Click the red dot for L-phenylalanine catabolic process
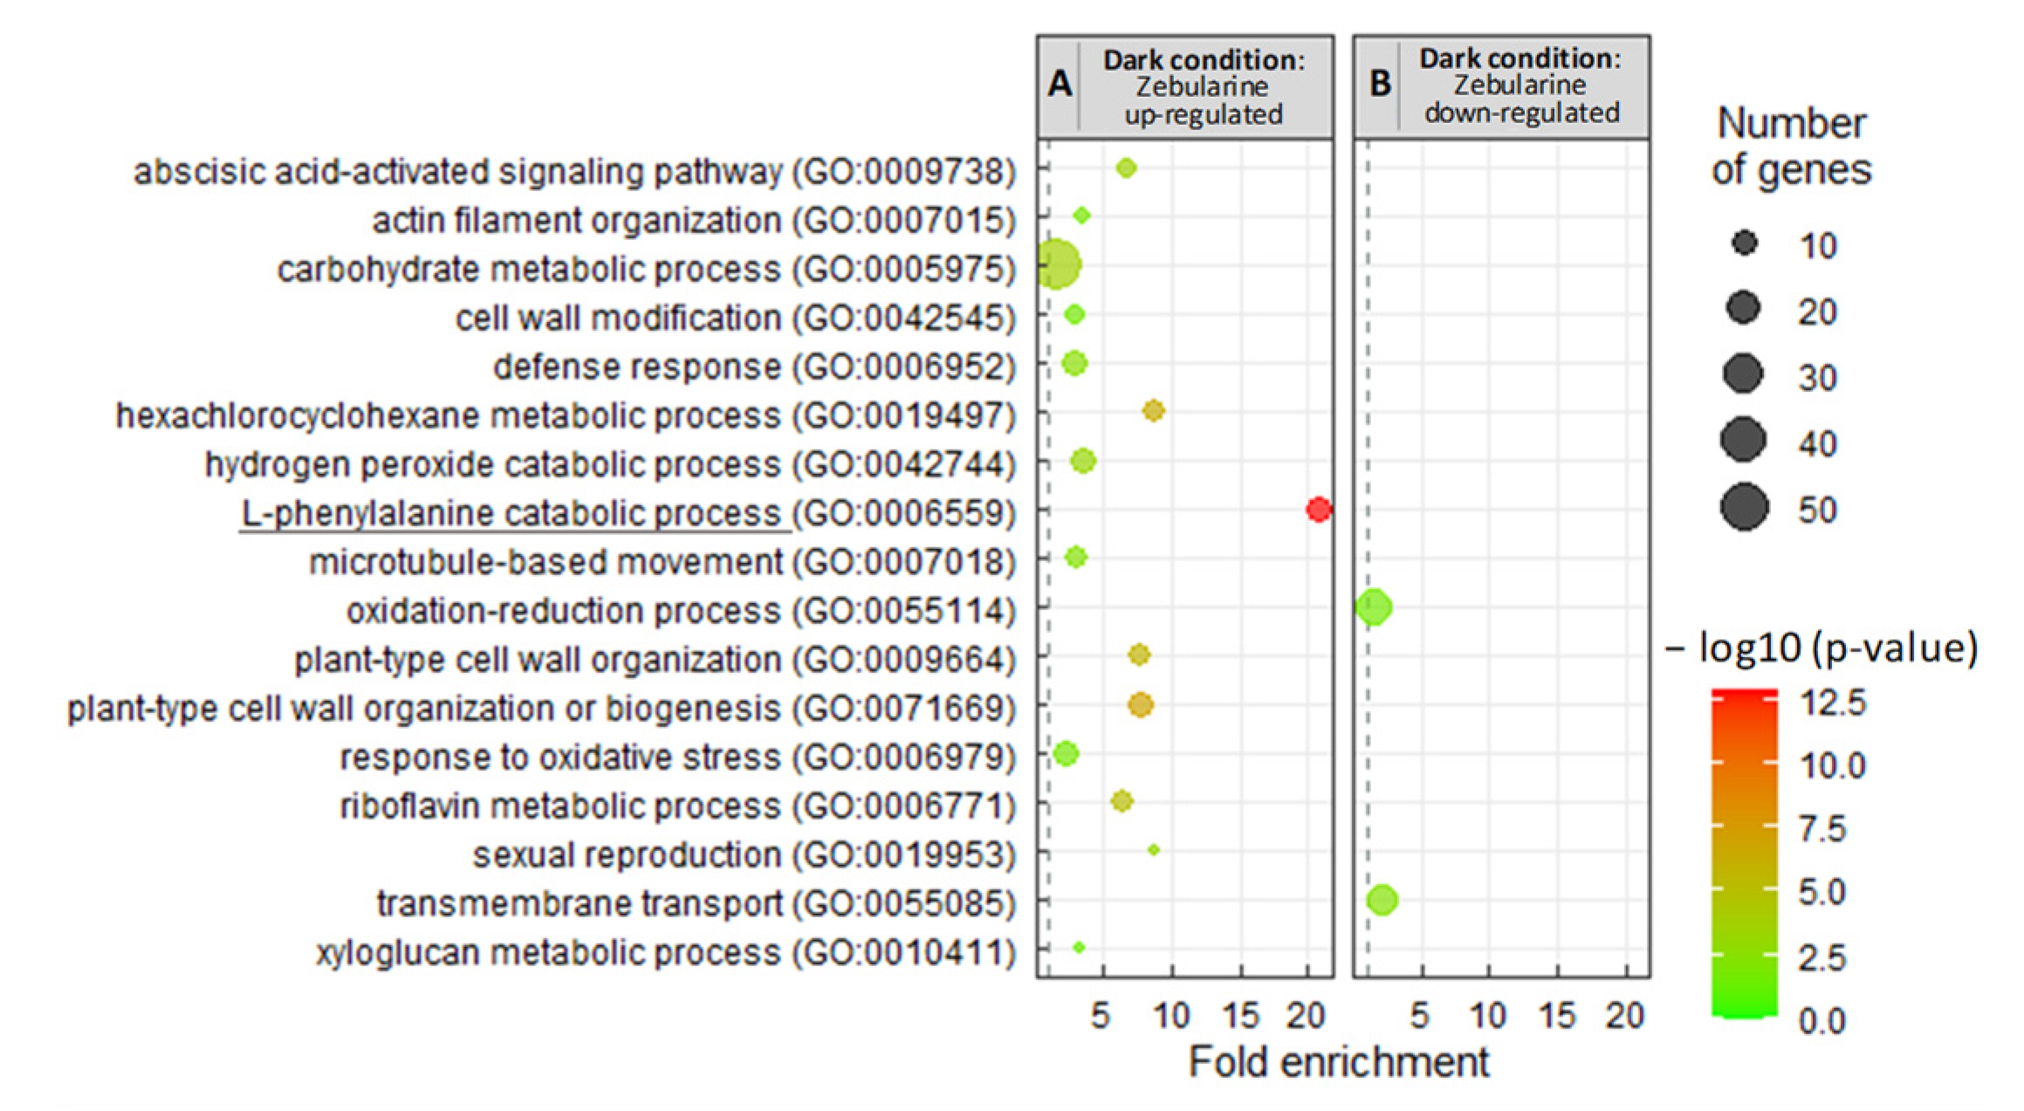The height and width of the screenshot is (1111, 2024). [x=1318, y=509]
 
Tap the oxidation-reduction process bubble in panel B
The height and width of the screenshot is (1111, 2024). [x=1374, y=607]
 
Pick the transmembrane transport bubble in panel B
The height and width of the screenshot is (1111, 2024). [x=1382, y=899]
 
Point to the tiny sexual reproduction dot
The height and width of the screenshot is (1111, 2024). [x=1154, y=849]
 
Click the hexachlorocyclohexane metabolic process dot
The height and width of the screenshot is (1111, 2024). [x=1153, y=410]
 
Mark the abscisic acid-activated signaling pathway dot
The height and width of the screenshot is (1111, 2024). [x=1126, y=168]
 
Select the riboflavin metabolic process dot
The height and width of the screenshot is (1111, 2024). [x=1122, y=800]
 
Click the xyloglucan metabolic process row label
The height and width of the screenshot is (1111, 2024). [x=665, y=952]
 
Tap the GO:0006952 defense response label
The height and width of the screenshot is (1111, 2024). [x=754, y=367]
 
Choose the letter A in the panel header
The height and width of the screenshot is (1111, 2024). [x=1060, y=85]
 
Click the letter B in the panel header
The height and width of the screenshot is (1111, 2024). [x=1380, y=84]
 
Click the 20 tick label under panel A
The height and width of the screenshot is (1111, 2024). [x=1306, y=1016]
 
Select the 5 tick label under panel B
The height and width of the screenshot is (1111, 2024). [x=1420, y=1016]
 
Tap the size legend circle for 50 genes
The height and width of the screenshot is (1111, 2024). [x=1744, y=507]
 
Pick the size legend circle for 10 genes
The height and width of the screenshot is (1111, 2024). [x=1744, y=243]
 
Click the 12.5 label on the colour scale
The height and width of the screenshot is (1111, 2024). [x=1832, y=703]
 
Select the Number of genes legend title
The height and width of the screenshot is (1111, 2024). [x=1791, y=147]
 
